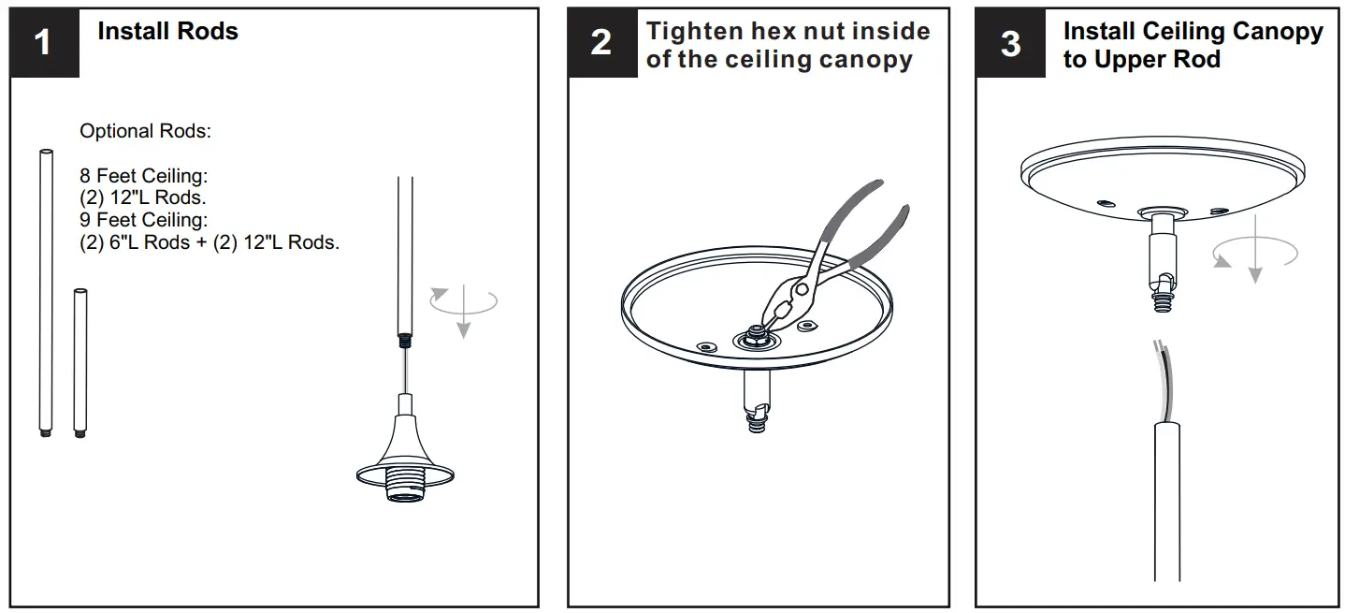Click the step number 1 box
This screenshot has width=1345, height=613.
[44, 43]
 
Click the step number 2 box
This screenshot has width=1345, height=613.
[601, 43]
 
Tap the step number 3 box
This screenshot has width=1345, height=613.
[1010, 43]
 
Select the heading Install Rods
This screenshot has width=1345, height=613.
[167, 32]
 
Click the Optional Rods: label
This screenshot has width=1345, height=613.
[145, 131]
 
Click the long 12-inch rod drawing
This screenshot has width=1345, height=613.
[45, 290]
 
